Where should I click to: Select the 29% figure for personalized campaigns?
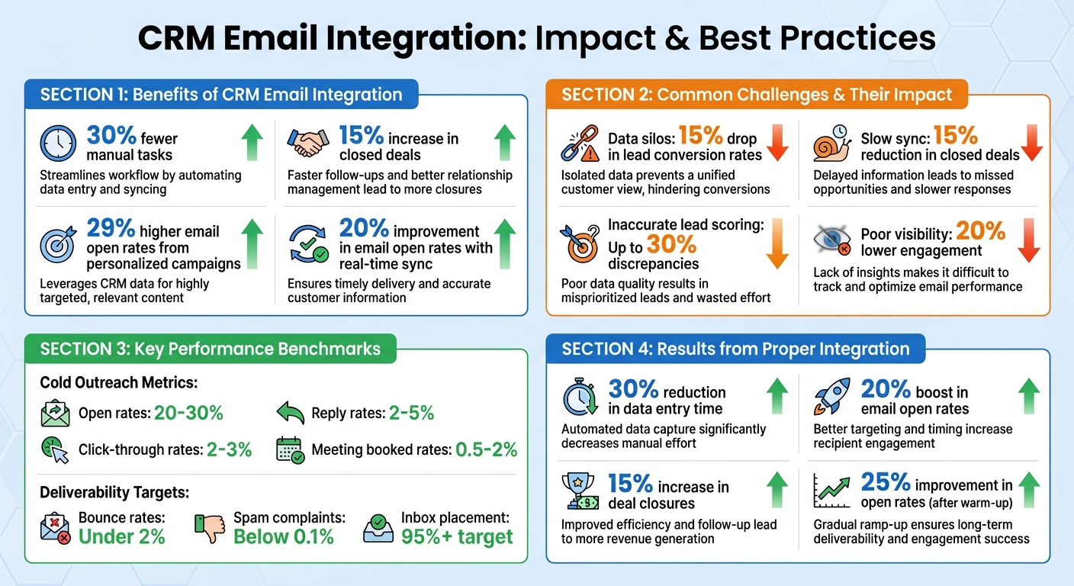[111, 229]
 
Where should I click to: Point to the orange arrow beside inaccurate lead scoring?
[777, 242]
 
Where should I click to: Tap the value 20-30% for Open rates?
[188, 414]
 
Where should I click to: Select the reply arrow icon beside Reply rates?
[290, 414]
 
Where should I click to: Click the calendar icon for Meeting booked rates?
[290, 450]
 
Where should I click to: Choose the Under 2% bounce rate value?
[122, 536]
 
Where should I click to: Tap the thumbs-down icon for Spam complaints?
[210, 528]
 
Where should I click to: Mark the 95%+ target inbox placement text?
[457, 536]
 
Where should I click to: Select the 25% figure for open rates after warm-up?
[886, 482]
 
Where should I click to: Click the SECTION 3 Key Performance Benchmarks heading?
[210, 349]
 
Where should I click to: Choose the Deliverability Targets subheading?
[114, 493]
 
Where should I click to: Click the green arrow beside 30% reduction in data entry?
[777, 395]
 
